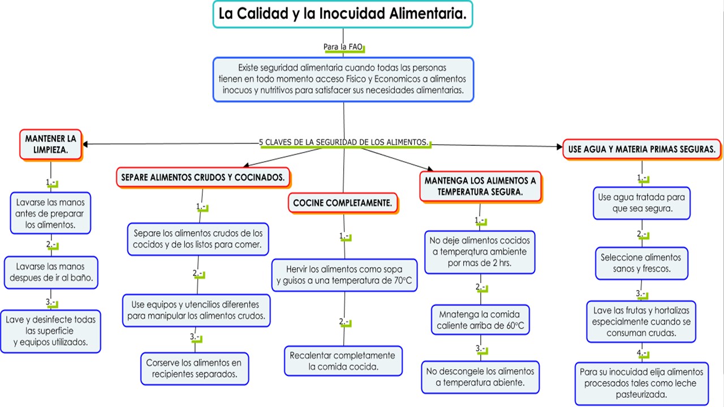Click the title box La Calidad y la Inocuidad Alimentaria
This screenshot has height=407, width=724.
tap(343, 15)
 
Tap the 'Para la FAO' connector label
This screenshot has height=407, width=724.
tap(342, 47)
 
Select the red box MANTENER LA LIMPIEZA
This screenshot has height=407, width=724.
tap(50, 145)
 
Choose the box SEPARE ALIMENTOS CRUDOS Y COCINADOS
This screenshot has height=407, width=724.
tap(202, 177)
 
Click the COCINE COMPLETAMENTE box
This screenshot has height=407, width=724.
tap(343, 203)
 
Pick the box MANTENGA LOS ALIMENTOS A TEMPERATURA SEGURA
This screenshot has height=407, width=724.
tap(480, 187)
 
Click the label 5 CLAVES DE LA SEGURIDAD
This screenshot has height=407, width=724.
tap(344, 142)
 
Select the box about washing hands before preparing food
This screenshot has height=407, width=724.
tap(50, 213)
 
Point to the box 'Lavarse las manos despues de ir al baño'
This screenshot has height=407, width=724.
tap(51, 272)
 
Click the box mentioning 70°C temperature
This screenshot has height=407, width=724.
tap(344, 275)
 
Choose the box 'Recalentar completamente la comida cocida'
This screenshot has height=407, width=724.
tap(343, 361)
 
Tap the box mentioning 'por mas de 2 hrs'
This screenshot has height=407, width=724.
tap(480, 252)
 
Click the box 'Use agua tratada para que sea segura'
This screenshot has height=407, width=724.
tap(641, 203)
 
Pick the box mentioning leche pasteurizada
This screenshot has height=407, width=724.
tap(641, 383)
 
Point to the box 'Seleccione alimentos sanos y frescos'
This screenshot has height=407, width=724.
tap(641, 263)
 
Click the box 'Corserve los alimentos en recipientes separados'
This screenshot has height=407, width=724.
tap(194, 368)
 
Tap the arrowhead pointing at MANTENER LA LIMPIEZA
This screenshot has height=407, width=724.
tap(86, 144)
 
